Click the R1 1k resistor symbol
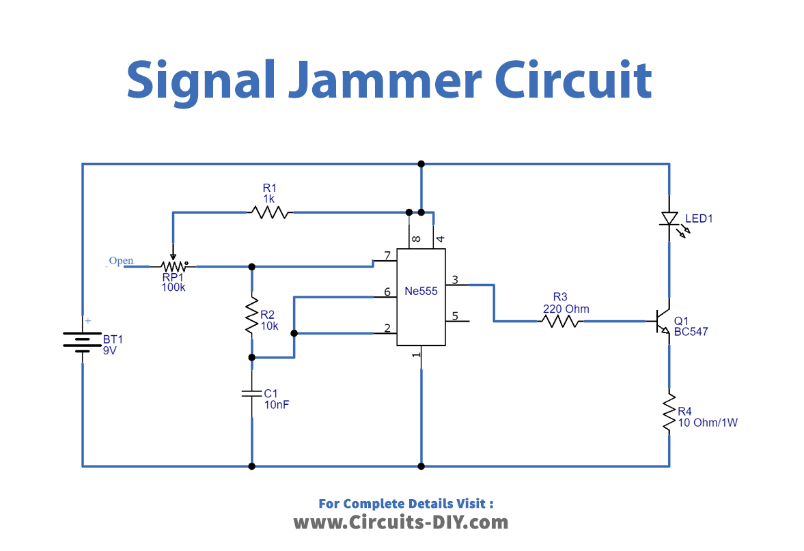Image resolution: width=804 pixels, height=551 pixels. tap(270, 212)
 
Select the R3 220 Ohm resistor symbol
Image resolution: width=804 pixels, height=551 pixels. tap(560, 321)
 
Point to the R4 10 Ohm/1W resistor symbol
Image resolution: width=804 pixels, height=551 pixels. tap(669, 411)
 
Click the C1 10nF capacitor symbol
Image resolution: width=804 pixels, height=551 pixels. tap(252, 393)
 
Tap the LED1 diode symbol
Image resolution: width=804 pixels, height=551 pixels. tap(669, 219)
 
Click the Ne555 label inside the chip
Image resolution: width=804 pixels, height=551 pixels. tap(421, 291)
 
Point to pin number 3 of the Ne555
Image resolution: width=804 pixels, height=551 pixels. tap(454, 279)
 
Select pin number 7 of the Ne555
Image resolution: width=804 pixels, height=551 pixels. tap(387, 256)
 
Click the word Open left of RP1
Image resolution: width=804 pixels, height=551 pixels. tap(121, 261)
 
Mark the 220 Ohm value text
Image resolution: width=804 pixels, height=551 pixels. tap(566, 309)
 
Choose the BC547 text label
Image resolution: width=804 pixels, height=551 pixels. tap(691, 333)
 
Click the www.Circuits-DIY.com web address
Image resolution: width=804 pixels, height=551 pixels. tap(401, 522)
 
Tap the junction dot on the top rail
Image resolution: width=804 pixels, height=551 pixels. tap(421, 164)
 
